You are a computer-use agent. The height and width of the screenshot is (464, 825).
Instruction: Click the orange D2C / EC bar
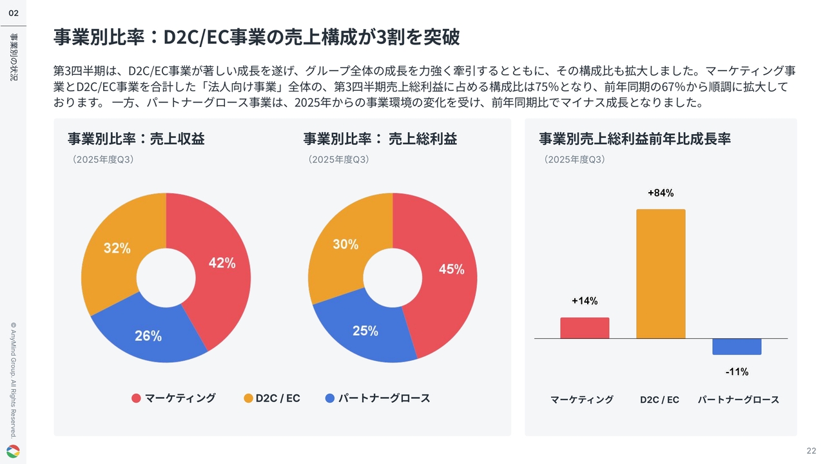click(x=660, y=274)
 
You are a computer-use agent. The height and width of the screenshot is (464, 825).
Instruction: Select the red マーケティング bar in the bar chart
click(x=585, y=328)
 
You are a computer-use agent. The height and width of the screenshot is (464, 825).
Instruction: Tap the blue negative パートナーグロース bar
click(x=737, y=347)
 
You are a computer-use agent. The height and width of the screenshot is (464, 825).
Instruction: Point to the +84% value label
click(x=661, y=193)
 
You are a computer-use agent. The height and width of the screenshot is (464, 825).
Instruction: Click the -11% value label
click(x=737, y=372)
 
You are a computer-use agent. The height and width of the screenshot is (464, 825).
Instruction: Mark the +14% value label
click(x=585, y=301)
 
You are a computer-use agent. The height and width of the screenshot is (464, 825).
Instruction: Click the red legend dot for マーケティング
click(x=136, y=398)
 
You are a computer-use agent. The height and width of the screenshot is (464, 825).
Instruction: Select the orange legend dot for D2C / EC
click(x=248, y=398)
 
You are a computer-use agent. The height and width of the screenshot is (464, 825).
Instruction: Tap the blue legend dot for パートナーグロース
click(x=330, y=398)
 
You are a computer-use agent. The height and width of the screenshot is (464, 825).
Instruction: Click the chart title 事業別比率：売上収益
click(x=136, y=139)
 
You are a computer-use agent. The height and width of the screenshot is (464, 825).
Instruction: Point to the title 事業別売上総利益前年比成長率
click(x=634, y=139)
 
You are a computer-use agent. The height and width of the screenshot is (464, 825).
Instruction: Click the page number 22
click(x=811, y=450)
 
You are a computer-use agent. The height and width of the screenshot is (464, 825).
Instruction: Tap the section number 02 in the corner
click(x=13, y=13)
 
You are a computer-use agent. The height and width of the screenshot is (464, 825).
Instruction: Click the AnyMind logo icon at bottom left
click(x=13, y=451)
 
